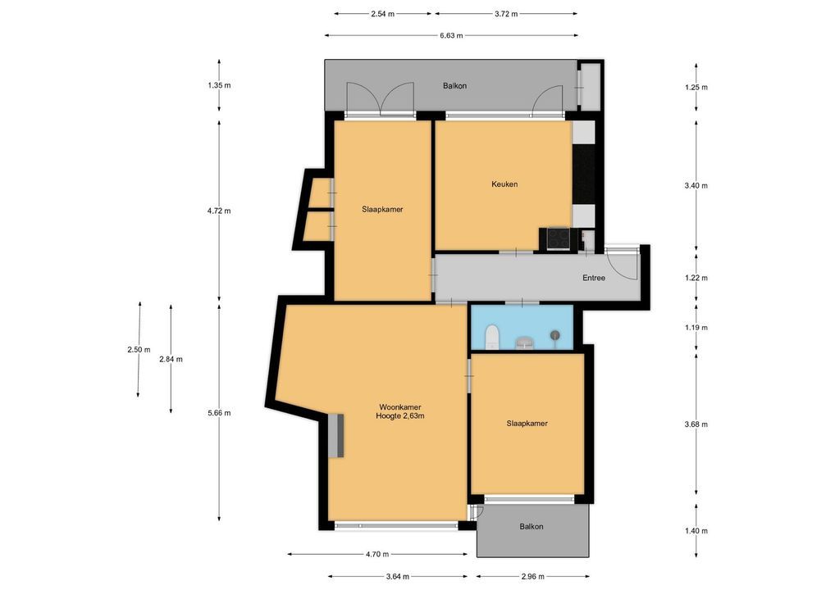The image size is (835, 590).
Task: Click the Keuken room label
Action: (x=504, y=184)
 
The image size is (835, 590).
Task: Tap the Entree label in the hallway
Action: (x=594, y=278)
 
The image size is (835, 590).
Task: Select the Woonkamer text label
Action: (x=400, y=407)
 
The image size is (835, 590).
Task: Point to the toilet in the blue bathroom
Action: (x=492, y=338)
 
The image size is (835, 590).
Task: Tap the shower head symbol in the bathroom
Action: (x=555, y=335)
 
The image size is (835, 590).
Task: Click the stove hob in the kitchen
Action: (x=559, y=238)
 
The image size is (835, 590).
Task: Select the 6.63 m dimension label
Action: (x=451, y=35)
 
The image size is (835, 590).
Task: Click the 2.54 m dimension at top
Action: (x=383, y=14)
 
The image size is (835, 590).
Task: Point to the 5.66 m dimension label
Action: (x=219, y=413)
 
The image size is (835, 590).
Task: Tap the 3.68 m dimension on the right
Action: (x=696, y=424)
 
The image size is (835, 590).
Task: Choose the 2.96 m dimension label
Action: (x=532, y=576)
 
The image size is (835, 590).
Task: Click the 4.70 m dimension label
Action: (x=377, y=555)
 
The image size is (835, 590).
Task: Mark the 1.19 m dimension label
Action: (x=696, y=327)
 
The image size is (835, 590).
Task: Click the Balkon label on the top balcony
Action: (x=454, y=86)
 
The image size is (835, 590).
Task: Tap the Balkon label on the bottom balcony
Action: (x=532, y=526)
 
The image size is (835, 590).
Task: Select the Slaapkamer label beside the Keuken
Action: (x=382, y=209)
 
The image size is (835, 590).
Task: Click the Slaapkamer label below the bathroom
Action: (x=527, y=424)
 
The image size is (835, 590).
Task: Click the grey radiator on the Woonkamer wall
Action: (x=336, y=435)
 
